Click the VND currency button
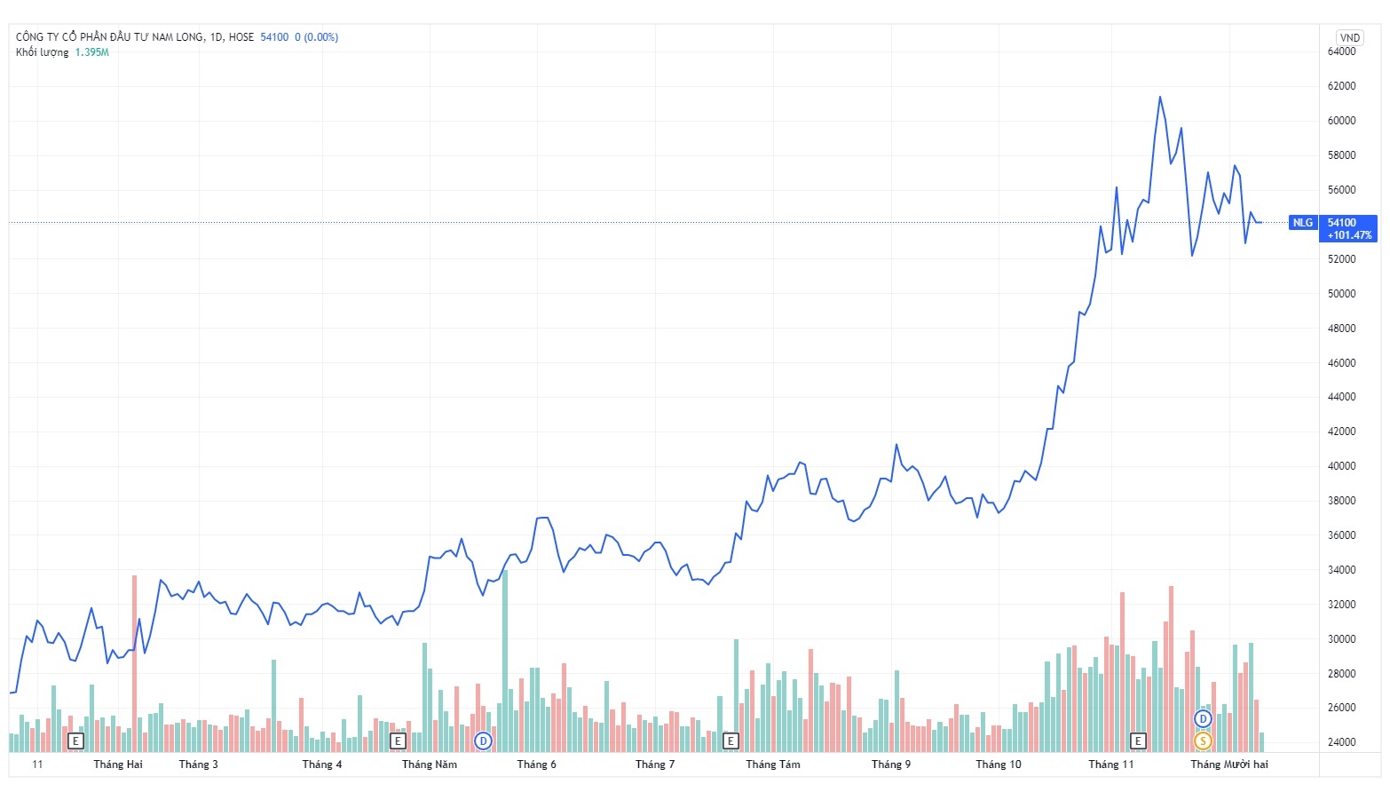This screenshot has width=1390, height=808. pos(1349,37)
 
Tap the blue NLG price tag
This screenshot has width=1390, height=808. pos(1302,223)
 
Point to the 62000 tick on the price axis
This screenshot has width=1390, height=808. pos(1341,86)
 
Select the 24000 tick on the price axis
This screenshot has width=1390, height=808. pos(1341,742)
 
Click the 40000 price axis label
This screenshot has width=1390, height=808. pos(1341,466)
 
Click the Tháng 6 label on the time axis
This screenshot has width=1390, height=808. pos(536,764)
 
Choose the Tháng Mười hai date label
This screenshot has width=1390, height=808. pos(1228,764)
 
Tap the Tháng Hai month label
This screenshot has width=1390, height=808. pos(118,764)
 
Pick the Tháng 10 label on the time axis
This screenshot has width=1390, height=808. pos(998,764)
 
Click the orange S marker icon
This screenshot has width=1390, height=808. pos(1203,741)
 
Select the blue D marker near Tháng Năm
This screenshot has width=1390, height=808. pos(483,741)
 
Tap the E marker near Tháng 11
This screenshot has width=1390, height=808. pos(1137,741)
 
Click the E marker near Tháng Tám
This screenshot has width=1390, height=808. pos(731,741)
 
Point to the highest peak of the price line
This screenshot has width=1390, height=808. pos(1159,97)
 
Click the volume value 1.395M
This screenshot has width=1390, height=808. pos(91,52)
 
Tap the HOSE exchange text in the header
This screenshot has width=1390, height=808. pos(241,37)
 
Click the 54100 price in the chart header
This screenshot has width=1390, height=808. pos(274,37)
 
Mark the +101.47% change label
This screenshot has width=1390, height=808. pos(1349,235)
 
